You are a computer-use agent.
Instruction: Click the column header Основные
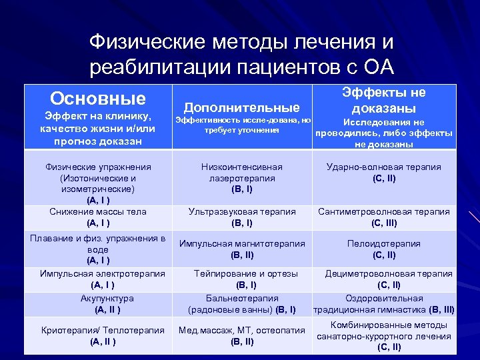pos(97,99)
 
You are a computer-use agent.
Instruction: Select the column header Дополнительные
pos(241,107)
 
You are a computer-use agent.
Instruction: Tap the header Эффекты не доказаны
pos(383,100)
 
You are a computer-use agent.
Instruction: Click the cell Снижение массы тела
pos(98,217)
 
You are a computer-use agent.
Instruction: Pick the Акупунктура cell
pos(107,304)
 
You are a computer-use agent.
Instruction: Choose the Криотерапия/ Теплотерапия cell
pos(103,336)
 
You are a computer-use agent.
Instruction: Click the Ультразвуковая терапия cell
pos(241,217)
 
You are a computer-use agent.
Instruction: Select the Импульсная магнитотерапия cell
pos(242,249)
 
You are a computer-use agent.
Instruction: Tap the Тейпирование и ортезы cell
pos(241,279)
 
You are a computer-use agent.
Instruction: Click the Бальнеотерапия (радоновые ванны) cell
pos(242,304)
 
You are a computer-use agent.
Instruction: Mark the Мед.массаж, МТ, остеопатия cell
pos(242,336)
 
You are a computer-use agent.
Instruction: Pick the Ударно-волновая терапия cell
pos(383,173)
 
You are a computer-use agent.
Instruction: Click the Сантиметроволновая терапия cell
pos(383,217)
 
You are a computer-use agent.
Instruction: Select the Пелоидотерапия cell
pos(383,249)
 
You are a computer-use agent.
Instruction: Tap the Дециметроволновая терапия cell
pos(388,279)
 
